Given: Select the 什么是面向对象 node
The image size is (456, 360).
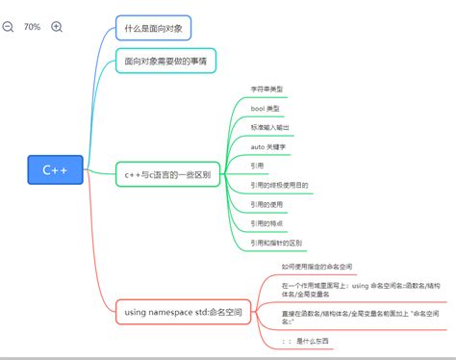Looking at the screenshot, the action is pyautogui.click(x=153, y=27).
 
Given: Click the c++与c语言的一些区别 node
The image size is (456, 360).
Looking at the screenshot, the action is pyautogui.click(x=174, y=174).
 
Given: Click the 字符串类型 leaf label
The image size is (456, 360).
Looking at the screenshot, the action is pyautogui.click(x=266, y=90).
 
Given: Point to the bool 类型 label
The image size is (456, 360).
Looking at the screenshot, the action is pyautogui.click(x=266, y=109).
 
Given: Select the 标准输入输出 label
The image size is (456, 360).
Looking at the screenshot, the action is pyautogui.click(x=270, y=127).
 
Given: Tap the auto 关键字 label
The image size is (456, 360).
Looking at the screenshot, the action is pyautogui.click(x=268, y=146).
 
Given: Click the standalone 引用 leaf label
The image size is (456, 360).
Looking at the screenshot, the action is pyautogui.click(x=257, y=165).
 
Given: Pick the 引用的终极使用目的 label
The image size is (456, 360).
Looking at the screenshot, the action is pyautogui.click(x=279, y=184).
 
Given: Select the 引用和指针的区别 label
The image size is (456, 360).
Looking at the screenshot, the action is pyautogui.click(x=276, y=243).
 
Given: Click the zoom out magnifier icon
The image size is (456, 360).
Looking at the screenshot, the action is pyautogui.click(x=9, y=27).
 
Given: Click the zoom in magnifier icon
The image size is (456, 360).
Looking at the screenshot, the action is pyautogui.click(x=57, y=27).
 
